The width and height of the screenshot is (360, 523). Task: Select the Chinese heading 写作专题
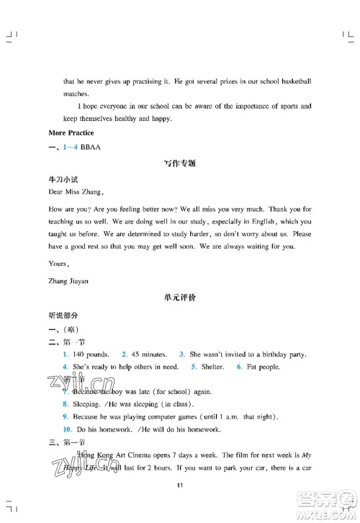[x=180, y=164]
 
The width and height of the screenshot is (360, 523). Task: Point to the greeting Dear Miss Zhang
[x=75, y=192]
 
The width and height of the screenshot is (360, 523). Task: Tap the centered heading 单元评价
[x=180, y=297]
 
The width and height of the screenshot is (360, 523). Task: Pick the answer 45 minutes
[x=149, y=355]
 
